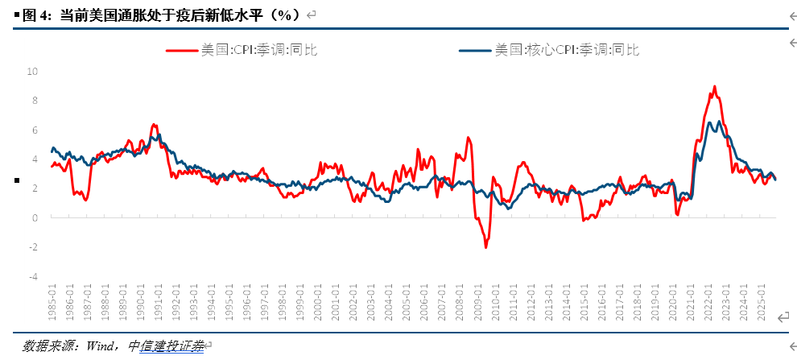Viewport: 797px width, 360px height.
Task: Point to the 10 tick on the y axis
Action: click(33, 71)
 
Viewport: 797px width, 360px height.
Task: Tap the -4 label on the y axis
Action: click(33, 276)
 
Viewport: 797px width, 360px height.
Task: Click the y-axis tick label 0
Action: click(35, 217)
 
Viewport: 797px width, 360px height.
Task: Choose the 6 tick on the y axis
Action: click(35, 130)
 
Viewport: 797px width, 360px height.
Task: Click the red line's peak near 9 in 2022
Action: click(714, 86)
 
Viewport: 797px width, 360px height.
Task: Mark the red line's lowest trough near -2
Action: click(485, 247)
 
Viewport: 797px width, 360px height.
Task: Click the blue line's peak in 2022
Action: click(719, 122)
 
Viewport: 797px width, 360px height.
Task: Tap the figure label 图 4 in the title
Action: click(36, 14)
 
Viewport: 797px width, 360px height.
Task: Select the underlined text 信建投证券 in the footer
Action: click(171, 346)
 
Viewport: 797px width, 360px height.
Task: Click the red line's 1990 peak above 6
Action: click(153, 125)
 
